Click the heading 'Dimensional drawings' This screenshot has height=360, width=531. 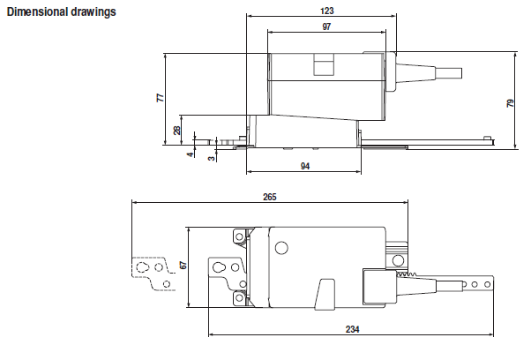pyautogui.click(x=61, y=13)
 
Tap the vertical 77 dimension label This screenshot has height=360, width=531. pyautogui.click(x=161, y=98)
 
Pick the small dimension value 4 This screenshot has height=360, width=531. pyautogui.click(x=189, y=154)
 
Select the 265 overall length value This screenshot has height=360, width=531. pyautogui.click(x=270, y=197)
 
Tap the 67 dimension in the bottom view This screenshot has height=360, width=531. pyautogui.click(x=183, y=266)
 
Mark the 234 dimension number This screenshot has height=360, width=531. pyautogui.click(x=351, y=329)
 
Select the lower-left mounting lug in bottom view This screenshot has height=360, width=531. pyautogui.click(x=239, y=298)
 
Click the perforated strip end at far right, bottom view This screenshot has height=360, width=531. pyautogui.click(x=482, y=284)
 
